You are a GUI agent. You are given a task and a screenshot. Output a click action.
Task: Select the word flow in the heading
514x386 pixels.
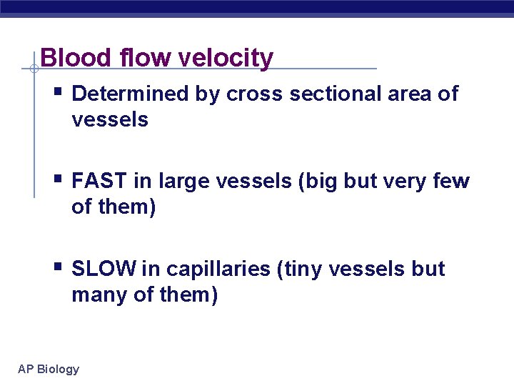[x=138, y=58]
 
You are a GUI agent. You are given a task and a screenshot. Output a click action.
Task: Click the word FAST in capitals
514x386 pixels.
[x=100, y=182]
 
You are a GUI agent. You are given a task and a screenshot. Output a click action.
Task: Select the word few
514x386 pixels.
[x=451, y=182]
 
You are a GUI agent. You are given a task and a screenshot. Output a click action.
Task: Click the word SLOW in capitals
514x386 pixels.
[x=104, y=269]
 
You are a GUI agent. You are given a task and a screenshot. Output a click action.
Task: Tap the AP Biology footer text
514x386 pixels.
[x=49, y=369]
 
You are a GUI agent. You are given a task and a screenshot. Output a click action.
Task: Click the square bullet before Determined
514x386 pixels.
[x=58, y=92]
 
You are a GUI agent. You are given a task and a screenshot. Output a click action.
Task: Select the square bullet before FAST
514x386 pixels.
[x=58, y=179]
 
